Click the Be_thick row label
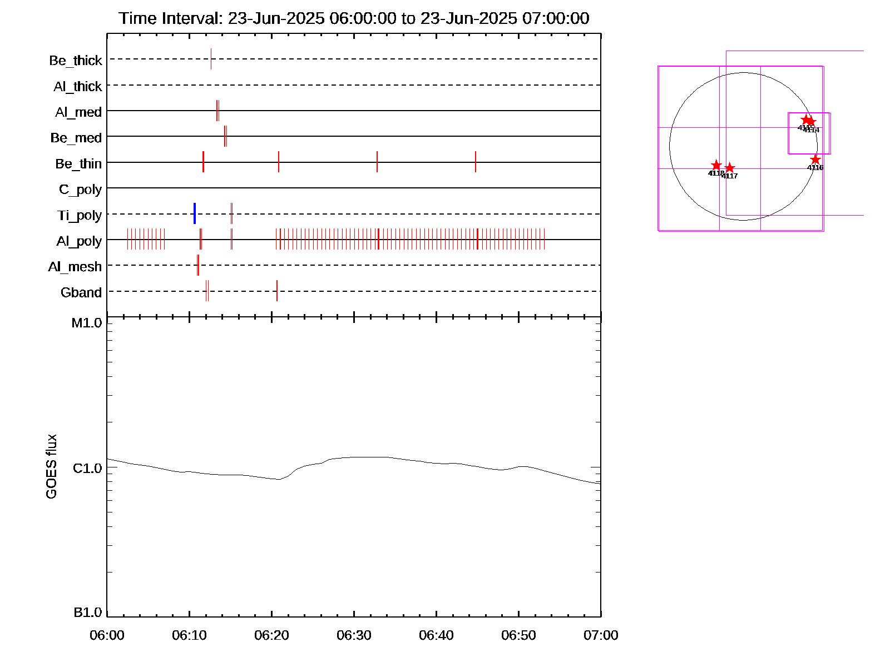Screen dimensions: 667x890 (x=76, y=60)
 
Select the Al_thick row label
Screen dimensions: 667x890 (x=78, y=86)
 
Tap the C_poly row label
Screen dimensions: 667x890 (x=81, y=190)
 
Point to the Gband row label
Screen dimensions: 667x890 (x=81, y=292)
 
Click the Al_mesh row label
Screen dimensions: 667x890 (x=75, y=267)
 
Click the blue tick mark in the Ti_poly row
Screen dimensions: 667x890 (x=194, y=213)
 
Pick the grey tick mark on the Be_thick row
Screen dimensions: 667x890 (x=211, y=59)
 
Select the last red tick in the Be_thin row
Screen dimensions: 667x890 (x=476, y=162)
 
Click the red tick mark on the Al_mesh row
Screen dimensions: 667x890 (x=197, y=265)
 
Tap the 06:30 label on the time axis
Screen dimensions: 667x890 (x=354, y=635)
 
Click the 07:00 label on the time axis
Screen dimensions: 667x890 (x=601, y=635)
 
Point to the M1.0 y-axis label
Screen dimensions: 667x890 (x=87, y=323)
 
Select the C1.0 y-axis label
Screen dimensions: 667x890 (x=87, y=469)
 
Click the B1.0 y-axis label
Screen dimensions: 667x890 (x=87, y=613)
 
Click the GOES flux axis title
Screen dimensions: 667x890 (x=51, y=467)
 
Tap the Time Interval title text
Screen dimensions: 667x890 (x=354, y=18)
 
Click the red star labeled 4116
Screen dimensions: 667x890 (x=815, y=160)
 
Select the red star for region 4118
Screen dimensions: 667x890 (x=716, y=166)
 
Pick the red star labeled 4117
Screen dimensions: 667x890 (x=730, y=168)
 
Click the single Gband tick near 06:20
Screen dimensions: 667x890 (x=277, y=291)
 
